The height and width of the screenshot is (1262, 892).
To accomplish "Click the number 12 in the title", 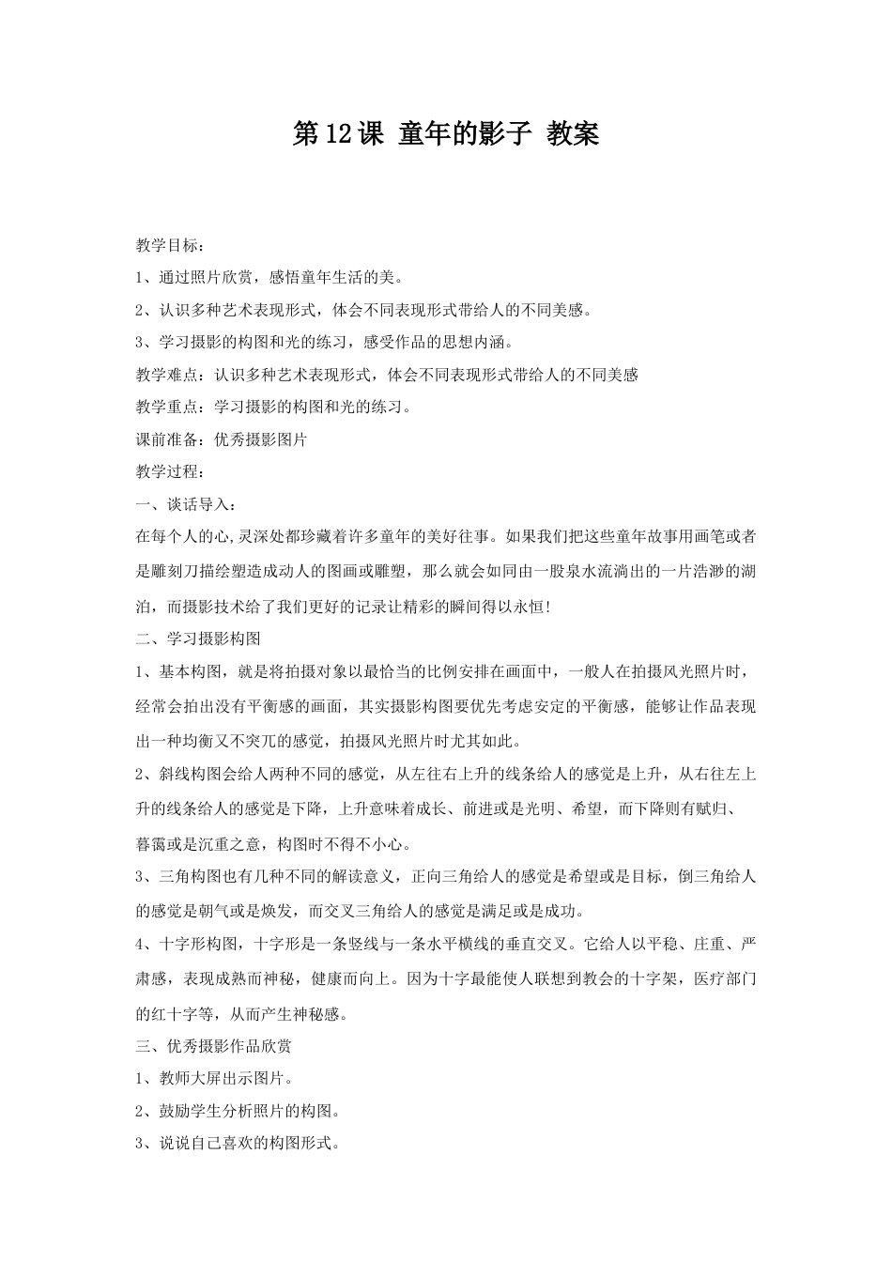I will pos(338,135).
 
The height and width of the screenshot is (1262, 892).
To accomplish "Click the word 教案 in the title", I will pos(572,135).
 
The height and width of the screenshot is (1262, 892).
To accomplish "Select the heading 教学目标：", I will pos(168,246).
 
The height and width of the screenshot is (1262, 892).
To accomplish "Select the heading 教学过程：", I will pos(168,471).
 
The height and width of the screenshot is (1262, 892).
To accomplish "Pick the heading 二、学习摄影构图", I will pos(198,639).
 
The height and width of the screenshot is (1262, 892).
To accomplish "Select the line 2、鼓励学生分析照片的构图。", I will pos(238,1112).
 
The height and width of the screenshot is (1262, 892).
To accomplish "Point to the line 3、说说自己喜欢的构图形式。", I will pos(238,1144).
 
